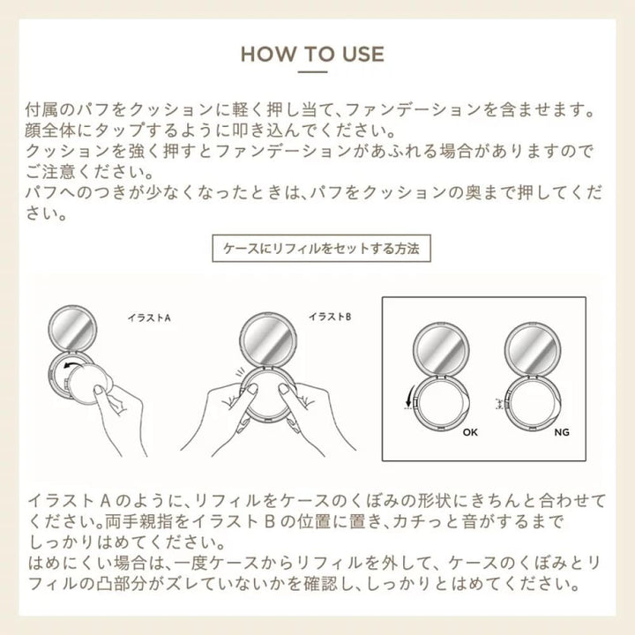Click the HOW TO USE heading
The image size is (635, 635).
pyautogui.click(x=312, y=54)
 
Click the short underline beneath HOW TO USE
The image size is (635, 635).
pyautogui.click(x=312, y=72)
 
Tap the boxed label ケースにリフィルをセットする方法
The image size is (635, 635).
pyautogui.click(x=321, y=248)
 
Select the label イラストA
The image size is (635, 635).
pyautogui.click(x=149, y=317)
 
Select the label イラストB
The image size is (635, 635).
pyautogui.click(x=330, y=317)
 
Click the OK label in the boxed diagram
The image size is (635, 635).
pyautogui.click(x=470, y=432)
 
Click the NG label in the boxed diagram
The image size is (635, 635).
pyautogui.click(x=562, y=432)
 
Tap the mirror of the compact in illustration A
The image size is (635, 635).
pyautogui.click(x=72, y=328)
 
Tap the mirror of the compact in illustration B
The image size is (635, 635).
pyautogui.click(x=266, y=339)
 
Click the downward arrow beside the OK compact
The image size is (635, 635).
pyautogui.click(x=409, y=397)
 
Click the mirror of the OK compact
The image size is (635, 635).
pyautogui.click(x=441, y=349)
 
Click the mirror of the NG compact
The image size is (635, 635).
pyautogui.click(x=533, y=349)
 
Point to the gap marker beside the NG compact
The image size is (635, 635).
pyautogui.click(x=500, y=403)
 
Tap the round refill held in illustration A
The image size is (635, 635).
pyautogui.click(x=86, y=384)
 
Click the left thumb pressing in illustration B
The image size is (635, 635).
pyautogui.click(x=247, y=392)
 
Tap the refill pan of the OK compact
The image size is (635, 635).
pyautogui.click(x=441, y=404)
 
